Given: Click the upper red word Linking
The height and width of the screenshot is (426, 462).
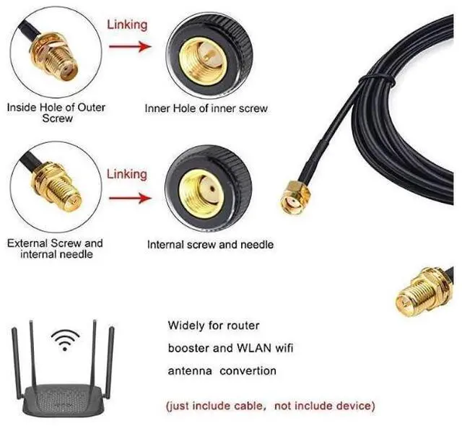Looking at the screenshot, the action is tap(127, 25).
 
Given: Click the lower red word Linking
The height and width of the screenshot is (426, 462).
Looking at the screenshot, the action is tap(127, 174).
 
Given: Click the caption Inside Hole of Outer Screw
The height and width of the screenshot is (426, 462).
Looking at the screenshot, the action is tap(56, 113).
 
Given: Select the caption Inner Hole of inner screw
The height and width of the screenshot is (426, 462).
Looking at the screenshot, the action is tap(206, 108).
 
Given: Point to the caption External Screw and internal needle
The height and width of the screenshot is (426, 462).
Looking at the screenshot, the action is tap(55, 248).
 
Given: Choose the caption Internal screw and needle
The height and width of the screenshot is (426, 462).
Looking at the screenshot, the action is tap(210, 245).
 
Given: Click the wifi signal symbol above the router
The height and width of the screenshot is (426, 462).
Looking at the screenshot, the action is tap(66, 339).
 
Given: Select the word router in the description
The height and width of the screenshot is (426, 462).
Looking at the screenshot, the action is tap(243, 326).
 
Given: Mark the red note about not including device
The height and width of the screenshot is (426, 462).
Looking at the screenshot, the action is tap(271, 405).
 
